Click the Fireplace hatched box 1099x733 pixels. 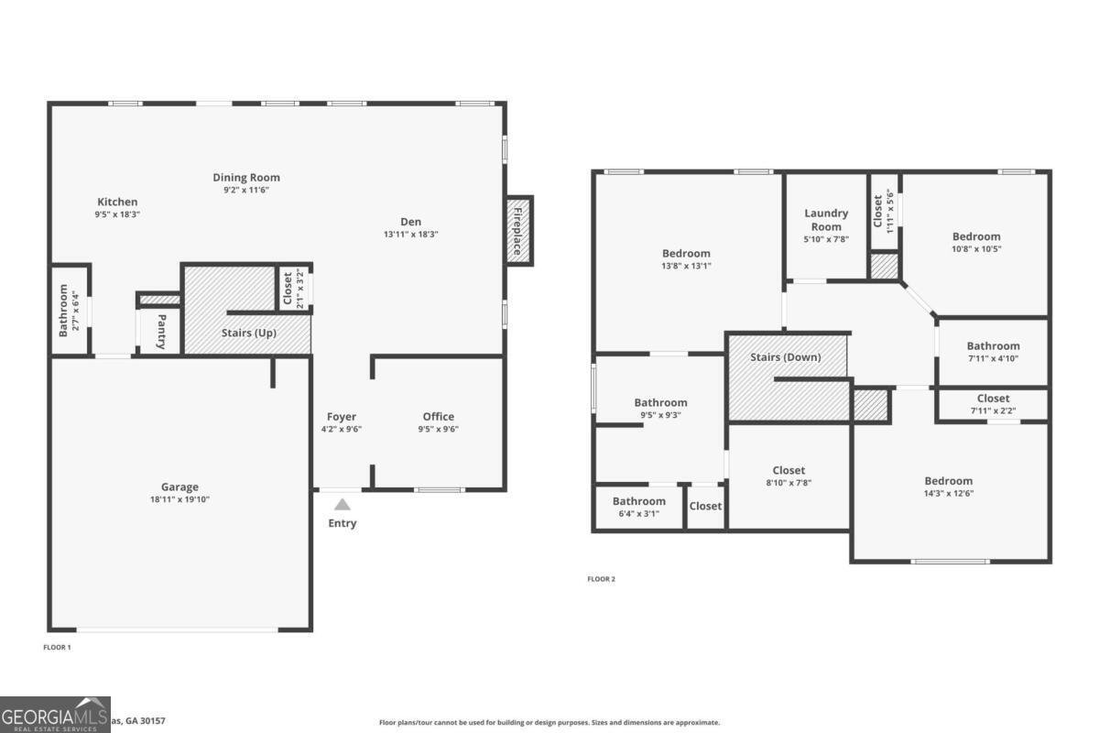point(519,232)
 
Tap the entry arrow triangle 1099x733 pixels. point(342,504)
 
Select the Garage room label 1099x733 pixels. point(180,487)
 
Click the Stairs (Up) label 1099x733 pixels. point(248,333)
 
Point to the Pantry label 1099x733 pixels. point(161,332)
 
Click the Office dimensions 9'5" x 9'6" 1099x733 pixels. point(438,429)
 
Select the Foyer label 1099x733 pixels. point(342,416)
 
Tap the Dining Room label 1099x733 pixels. point(246,178)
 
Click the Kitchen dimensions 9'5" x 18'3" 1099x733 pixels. point(117,213)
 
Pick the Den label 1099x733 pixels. point(411,221)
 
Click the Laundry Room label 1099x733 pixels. point(826,220)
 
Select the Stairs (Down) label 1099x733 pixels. point(785,357)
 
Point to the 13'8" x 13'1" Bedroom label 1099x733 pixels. point(686,254)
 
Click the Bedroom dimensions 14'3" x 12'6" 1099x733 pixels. point(948,493)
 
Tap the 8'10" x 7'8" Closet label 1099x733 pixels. point(789,470)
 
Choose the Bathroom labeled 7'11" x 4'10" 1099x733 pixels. point(993,346)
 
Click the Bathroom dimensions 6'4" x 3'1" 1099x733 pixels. point(638,513)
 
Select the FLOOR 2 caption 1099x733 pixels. point(601,579)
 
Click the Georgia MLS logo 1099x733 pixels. point(55,715)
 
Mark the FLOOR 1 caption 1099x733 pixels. point(57,647)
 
